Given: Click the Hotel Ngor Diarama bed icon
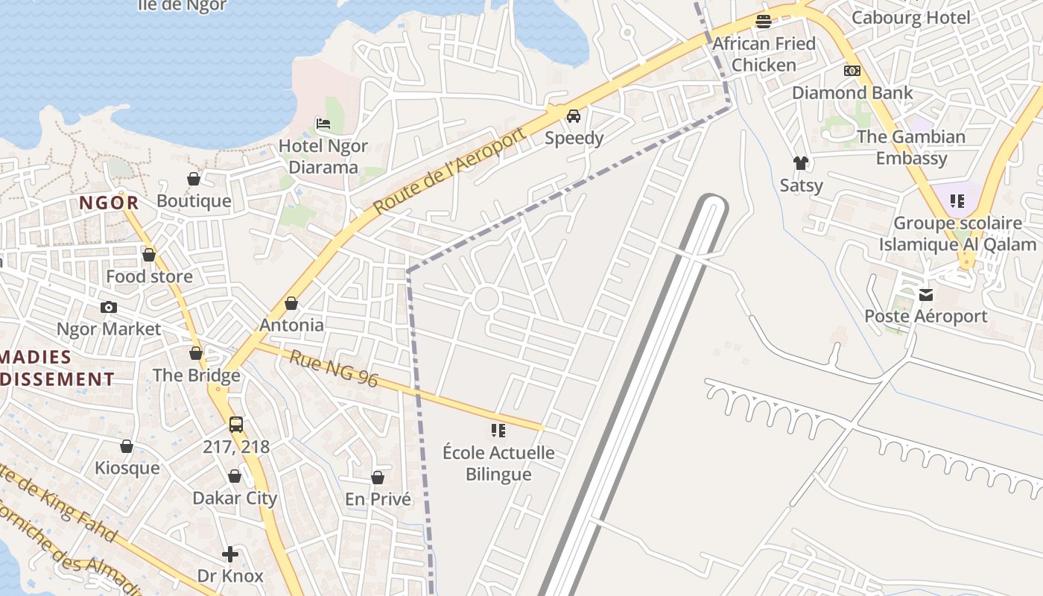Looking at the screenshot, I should coord(323,123).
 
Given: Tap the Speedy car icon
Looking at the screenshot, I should coord(574,116).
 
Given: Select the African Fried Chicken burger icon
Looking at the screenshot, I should coord(763,22).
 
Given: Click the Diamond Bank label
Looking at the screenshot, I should coord(852,93).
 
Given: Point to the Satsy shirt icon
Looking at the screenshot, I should coord(801,163).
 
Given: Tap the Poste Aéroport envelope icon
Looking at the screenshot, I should coord(926,295).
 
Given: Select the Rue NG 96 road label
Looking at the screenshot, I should coord(334,370).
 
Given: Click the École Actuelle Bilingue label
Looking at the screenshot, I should coord(498,463).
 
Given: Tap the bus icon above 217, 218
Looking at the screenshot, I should coord(236,425).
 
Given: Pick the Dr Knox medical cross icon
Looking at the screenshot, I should coord(230,554).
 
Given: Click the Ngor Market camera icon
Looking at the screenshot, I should coord(109,307).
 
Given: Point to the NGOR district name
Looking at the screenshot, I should coord(110,203).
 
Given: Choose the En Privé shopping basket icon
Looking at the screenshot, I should coord(378,478).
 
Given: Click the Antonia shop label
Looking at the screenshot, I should coord(291,326).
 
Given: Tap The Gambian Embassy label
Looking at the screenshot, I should coord(910,148).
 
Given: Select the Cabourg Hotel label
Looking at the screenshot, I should coord(910,18).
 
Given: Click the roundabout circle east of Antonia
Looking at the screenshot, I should coord(486,299).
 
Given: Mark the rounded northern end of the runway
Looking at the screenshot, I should coord(711,200).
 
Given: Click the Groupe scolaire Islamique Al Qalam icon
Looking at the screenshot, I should coord(957,200).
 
